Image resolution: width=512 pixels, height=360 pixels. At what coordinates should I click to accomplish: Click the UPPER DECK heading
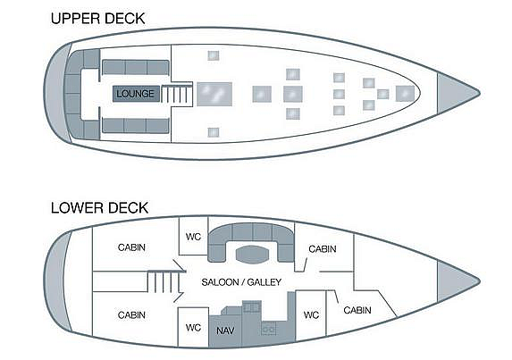pos(97,19)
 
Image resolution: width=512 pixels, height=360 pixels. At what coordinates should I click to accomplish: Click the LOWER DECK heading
pos(99,208)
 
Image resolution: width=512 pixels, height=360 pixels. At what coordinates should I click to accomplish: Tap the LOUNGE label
pos(135,94)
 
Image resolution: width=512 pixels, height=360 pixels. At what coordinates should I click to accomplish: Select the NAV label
pos(225,331)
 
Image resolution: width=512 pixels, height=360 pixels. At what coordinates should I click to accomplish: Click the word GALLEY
pos(264,282)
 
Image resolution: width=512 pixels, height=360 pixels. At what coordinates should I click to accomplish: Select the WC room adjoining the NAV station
pos(193,327)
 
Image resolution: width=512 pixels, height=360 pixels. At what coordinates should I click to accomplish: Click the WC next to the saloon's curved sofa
pos(193,237)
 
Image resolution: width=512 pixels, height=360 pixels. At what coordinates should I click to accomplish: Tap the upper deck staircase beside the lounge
pos(176,94)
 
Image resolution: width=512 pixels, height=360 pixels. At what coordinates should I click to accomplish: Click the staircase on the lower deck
pos(163,282)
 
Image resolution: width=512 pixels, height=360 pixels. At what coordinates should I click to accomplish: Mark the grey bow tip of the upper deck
pos(458,93)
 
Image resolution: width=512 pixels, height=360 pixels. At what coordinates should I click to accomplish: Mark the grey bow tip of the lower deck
pos(458,281)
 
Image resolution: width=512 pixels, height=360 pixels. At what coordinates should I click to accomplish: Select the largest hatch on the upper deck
pos(214,94)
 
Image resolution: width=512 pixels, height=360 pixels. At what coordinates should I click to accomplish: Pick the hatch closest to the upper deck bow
pos(405,94)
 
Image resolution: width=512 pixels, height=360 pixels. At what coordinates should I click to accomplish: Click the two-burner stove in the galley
pos(269,329)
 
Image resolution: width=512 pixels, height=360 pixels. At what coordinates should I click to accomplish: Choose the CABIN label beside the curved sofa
pos(323,249)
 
